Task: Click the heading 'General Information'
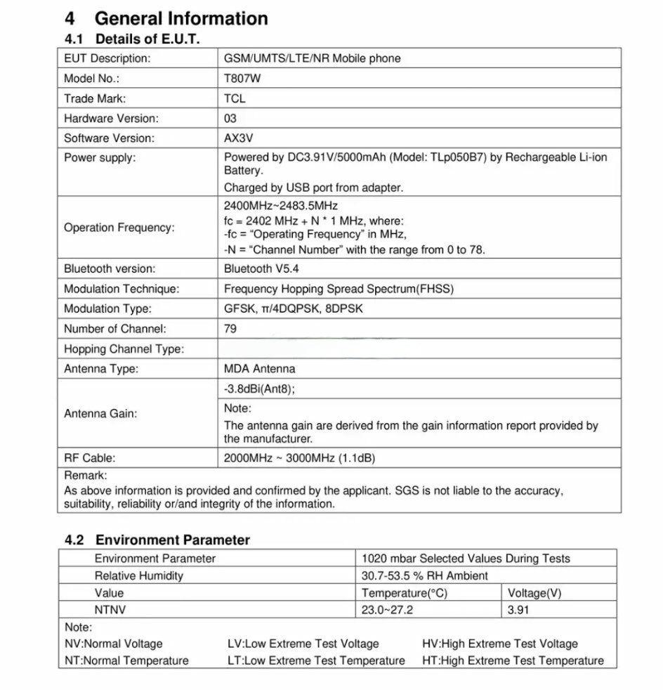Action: tap(180, 19)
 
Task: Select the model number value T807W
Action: tap(242, 79)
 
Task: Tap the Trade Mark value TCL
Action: tap(235, 98)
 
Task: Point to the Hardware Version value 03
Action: tap(230, 118)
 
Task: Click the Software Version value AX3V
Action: tap(238, 138)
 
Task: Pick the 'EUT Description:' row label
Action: tap(107, 58)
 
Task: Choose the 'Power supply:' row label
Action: tap(100, 157)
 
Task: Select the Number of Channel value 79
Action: tap(230, 328)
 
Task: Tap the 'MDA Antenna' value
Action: tap(259, 368)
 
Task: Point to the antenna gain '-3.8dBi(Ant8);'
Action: tap(259, 389)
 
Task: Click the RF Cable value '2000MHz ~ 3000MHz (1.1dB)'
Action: tap(299, 457)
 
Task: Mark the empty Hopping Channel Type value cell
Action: tap(419, 349)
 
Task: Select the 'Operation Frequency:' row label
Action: tap(119, 228)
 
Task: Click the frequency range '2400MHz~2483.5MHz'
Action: tap(280, 206)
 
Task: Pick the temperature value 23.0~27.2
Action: tap(387, 609)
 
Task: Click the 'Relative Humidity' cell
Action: tap(138, 575)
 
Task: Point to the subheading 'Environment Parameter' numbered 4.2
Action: tap(172, 540)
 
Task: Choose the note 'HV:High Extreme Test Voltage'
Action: tap(499, 643)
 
